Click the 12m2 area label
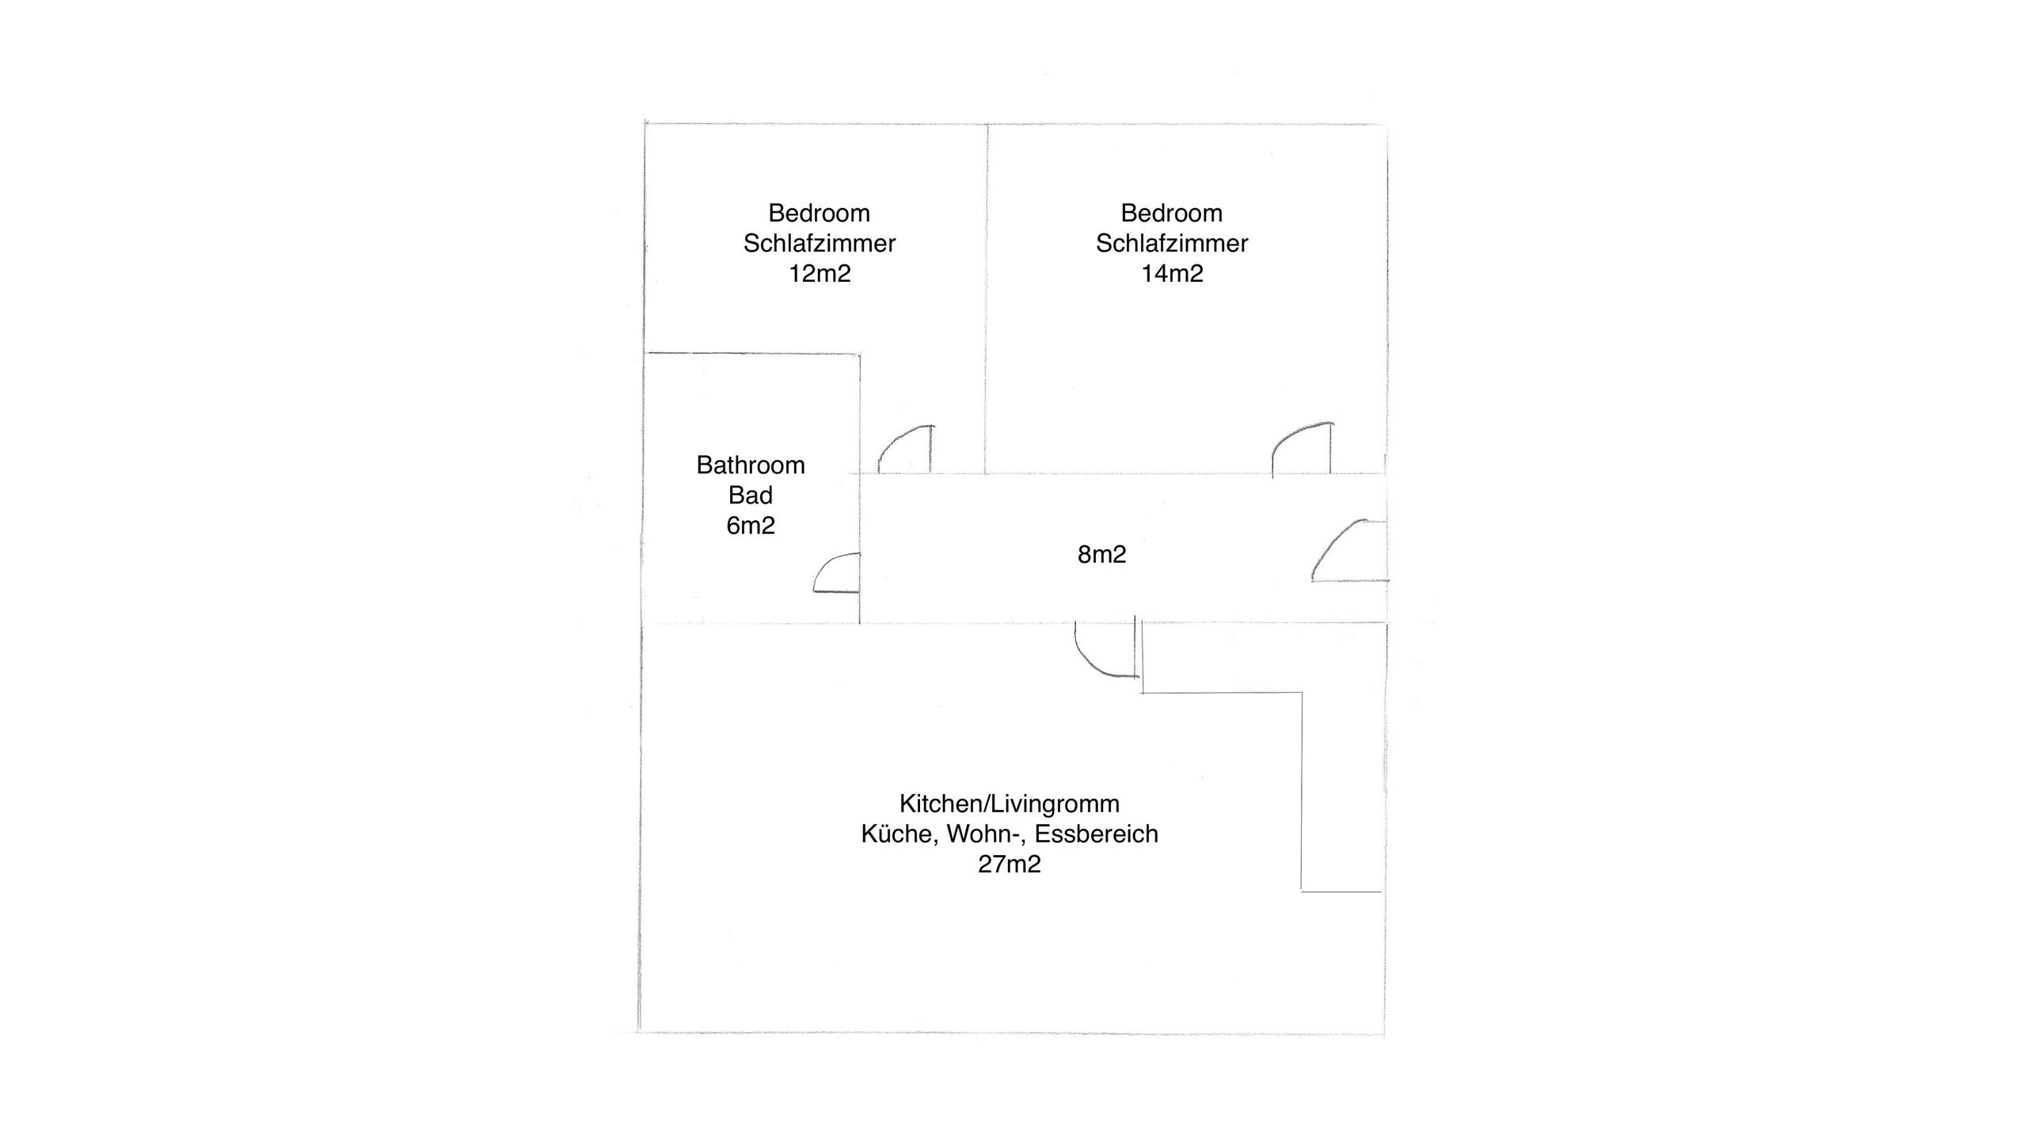click(820, 274)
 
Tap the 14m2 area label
click(1172, 274)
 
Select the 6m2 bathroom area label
click(751, 526)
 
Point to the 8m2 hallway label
click(1101, 554)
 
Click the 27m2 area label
click(1010, 864)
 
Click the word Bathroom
click(751, 465)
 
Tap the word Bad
click(751, 496)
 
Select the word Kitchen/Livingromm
click(1010, 804)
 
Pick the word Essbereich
click(1097, 834)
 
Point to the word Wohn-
click(982, 834)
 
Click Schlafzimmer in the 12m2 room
click(820, 244)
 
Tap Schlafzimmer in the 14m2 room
click(1172, 244)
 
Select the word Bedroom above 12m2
click(820, 214)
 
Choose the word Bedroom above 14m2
click(1172, 214)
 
